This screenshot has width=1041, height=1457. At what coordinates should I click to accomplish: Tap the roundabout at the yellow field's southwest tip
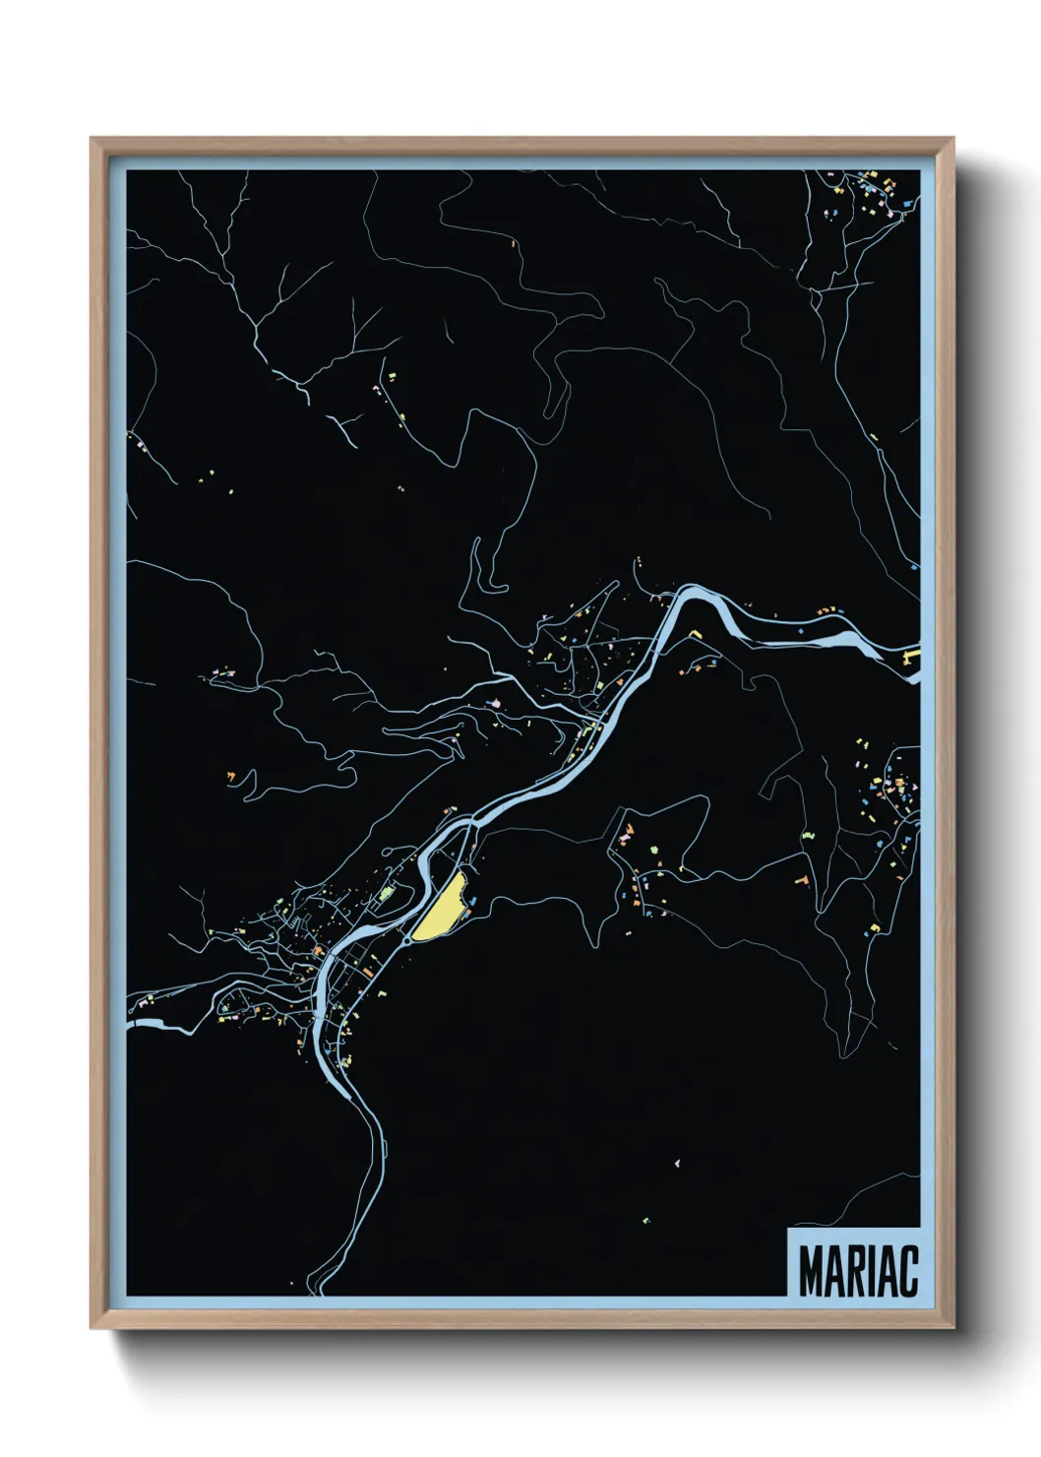(x=406, y=940)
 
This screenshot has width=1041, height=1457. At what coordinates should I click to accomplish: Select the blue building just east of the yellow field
(x=473, y=900)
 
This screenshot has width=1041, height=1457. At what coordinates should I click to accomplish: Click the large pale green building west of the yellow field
(x=386, y=895)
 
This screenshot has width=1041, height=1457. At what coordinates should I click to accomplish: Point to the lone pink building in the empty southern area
(x=677, y=1164)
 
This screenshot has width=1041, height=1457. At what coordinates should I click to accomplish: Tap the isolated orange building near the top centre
(x=512, y=239)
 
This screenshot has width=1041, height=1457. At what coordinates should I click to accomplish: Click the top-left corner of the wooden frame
(x=92, y=139)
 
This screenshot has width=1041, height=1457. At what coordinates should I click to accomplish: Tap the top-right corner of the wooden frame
(x=953, y=139)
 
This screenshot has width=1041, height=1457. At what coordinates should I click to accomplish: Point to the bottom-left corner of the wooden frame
(x=92, y=1328)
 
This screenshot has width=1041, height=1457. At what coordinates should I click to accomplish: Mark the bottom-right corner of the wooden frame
(x=953, y=1328)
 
